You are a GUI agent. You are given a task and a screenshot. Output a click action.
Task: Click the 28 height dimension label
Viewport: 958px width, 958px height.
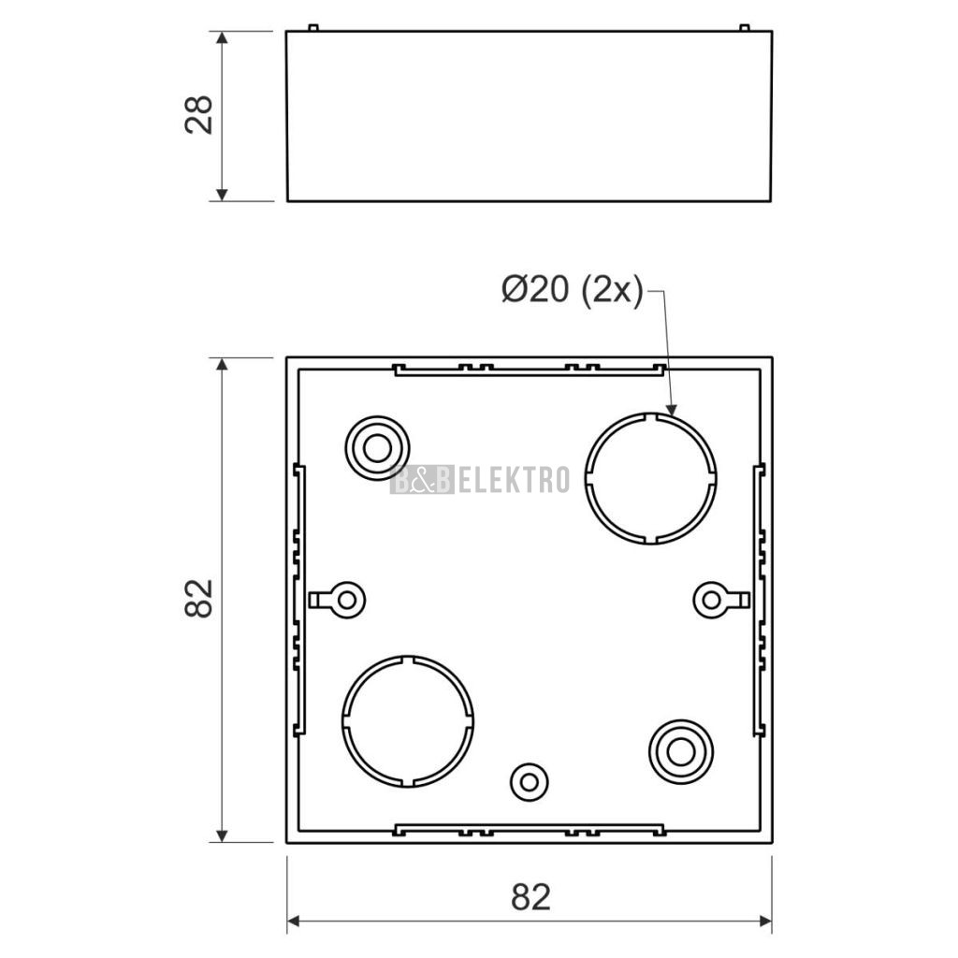click(199, 115)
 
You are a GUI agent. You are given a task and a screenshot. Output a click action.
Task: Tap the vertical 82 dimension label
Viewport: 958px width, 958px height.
click(199, 599)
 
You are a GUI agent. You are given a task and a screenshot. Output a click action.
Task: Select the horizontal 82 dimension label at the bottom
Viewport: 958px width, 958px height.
click(530, 897)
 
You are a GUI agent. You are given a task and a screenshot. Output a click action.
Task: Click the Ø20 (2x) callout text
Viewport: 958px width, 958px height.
click(573, 289)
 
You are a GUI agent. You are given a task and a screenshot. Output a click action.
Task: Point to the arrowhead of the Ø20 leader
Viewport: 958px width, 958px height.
click(672, 410)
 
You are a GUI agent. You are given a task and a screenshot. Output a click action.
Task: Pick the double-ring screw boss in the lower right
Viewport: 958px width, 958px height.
click(681, 721)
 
